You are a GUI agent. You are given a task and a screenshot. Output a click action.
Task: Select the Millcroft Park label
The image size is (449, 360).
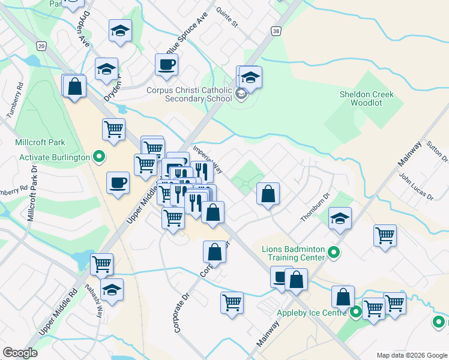click(40, 142)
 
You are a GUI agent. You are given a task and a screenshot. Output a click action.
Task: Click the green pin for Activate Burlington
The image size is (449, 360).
click(100, 157)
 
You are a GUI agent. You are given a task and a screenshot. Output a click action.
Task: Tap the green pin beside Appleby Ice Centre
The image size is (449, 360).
click(356, 312)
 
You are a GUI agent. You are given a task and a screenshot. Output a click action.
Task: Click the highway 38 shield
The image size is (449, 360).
click(276, 31)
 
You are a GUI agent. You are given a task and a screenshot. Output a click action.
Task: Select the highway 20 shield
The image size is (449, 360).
click(41, 46)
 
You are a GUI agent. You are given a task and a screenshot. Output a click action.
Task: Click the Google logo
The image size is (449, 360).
click(20, 353)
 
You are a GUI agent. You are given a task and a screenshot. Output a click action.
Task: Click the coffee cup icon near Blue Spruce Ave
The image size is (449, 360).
click(167, 64)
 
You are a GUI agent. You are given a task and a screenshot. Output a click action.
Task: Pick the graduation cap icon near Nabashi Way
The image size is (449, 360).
click(112, 290)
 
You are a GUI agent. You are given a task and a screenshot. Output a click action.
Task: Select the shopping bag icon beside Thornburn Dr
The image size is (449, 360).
click(268, 194)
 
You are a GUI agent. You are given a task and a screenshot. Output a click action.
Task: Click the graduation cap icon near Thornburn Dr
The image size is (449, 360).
click(340, 218)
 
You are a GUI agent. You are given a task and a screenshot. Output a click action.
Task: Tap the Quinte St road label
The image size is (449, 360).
click(228, 20)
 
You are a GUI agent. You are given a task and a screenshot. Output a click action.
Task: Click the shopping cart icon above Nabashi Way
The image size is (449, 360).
click(101, 263)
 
